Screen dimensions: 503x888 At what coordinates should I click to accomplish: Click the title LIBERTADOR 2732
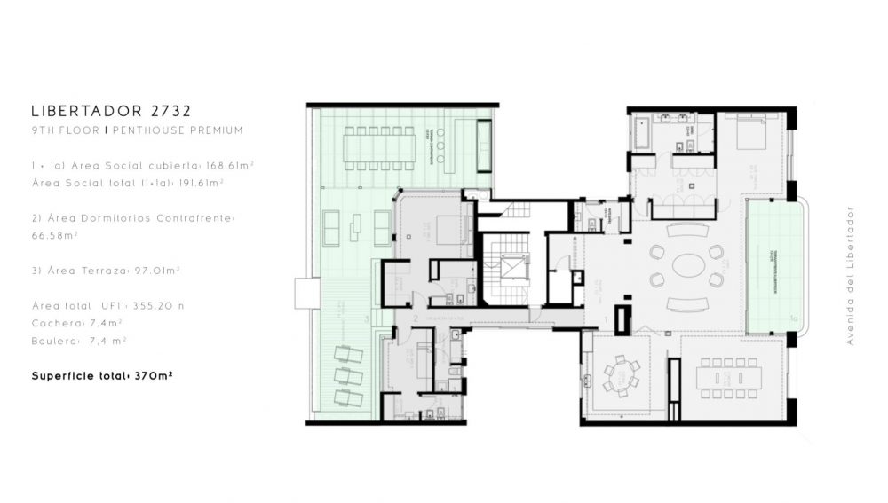[x=110, y=112]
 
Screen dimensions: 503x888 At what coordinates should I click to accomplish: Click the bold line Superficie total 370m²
[x=101, y=375]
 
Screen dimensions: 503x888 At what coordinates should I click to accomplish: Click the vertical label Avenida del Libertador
[x=850, y=275]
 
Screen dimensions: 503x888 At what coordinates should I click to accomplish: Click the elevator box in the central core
[x=512, y=265]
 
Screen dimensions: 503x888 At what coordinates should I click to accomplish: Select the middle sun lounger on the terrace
[x=349, y=377]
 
